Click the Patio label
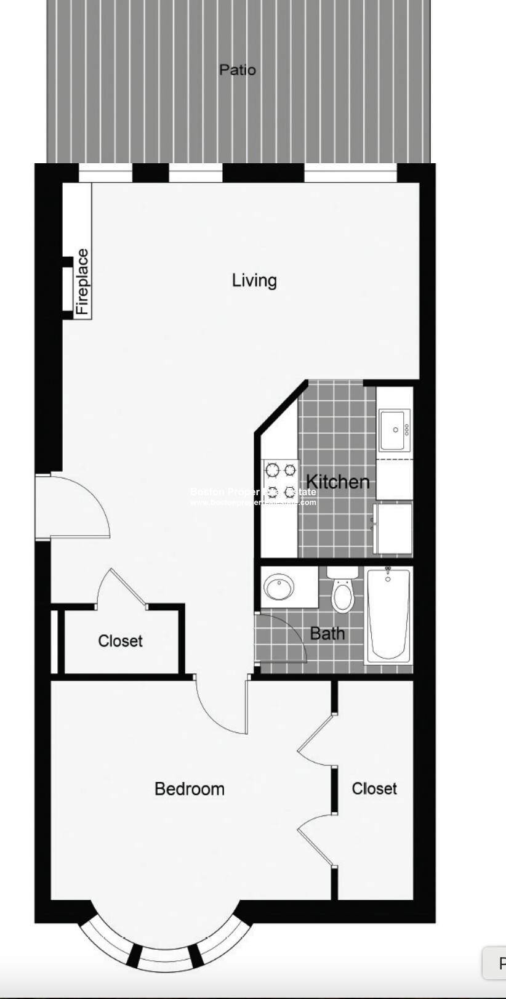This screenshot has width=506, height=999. (x=237, y=70)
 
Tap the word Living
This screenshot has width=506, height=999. (x=254, y=280)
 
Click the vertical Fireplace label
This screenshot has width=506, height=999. (x=82, y=282)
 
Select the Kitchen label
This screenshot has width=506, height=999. (x=337, y=481)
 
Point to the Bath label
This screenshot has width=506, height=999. (x=327, y=633)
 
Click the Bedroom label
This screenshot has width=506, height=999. (x=189, y=788)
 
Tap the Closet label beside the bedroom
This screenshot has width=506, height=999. (x=374, y=788)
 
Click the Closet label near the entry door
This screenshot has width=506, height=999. (x=120, y=641)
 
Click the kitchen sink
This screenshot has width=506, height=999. (x=395, y=430)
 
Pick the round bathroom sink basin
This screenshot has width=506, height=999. (x=279, y=587)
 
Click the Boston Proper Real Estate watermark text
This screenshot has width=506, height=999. (x=253, y=492)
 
